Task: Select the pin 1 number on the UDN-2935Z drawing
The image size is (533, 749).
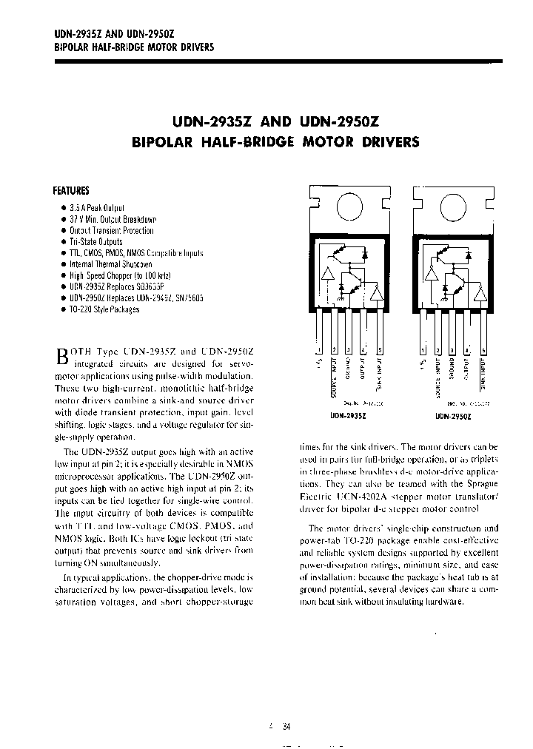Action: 318,350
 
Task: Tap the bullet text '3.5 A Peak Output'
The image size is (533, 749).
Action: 97,209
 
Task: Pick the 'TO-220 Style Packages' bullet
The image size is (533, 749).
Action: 104,309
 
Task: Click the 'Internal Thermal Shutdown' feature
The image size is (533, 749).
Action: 110,264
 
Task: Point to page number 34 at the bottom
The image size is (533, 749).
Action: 286,727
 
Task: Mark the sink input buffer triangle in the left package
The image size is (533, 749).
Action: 378,293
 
